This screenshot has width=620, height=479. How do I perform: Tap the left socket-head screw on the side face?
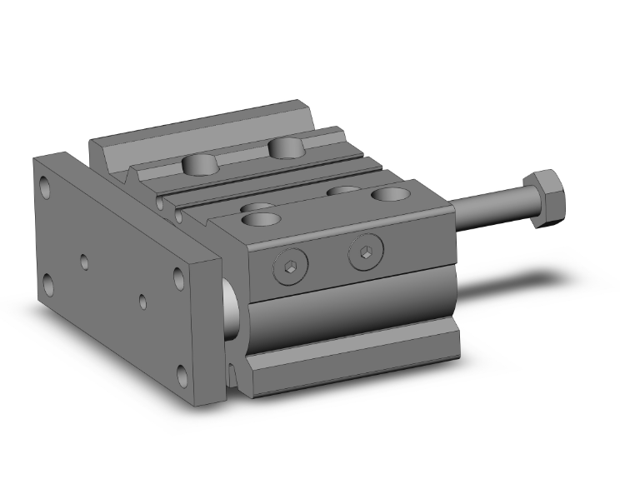coord(287,267)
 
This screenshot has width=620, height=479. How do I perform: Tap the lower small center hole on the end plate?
coord(143,301)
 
